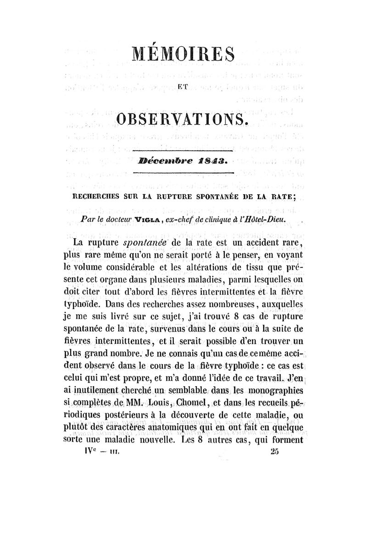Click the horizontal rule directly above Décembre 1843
pos(183,150)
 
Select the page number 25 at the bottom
pos(275,452)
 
